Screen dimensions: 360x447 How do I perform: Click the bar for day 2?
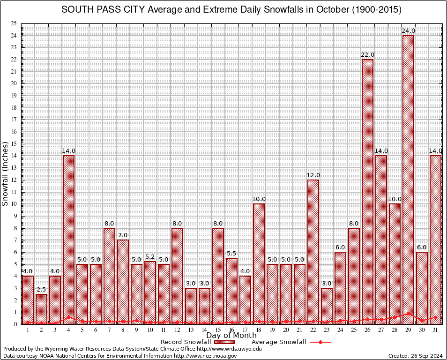(x=41, y=309)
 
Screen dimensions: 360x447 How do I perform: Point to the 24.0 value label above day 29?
(x=408, y=31)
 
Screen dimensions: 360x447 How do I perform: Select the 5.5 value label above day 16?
(x=231, y=254)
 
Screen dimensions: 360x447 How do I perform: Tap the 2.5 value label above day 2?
(x=41, y=290)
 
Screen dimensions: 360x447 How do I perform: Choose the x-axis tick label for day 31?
(x=435, y=330)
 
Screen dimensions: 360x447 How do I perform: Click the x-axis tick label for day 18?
(x=259, y=330)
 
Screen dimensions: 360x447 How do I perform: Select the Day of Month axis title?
(x=231, y=336)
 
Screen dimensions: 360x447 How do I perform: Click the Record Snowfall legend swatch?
(x=224, y=342)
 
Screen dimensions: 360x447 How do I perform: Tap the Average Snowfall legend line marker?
(x=320, y=342)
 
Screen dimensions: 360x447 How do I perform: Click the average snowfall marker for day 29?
(x=408, y=313)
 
